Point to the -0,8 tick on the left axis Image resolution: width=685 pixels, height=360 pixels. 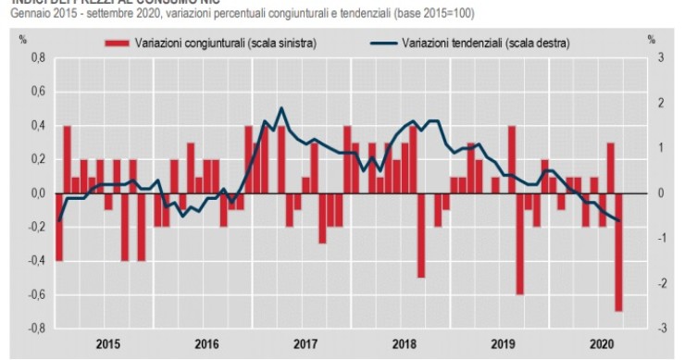click(37, 329)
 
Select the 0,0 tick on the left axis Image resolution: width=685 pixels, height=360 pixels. click(39, 193)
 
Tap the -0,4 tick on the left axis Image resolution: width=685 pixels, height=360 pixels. click(37, 261)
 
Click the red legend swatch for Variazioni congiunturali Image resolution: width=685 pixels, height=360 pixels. click(117, 43)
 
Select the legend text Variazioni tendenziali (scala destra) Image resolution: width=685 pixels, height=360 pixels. click(482, 43)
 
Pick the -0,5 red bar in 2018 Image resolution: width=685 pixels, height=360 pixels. click(421, 236)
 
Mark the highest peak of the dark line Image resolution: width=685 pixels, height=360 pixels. click(281, 108)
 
